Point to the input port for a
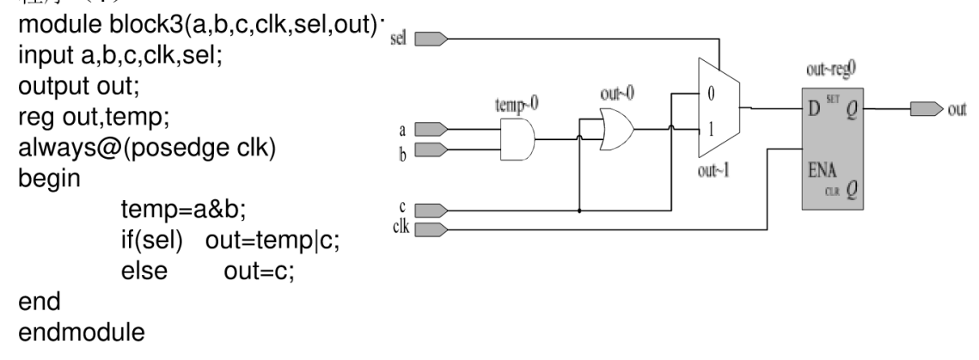[x=431, y=130]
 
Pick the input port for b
[x=431, y=149]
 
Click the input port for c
[x=431, y=211]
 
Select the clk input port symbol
[x=431, y=229]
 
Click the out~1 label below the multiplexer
[x=718, y=168]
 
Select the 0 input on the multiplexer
[x=709, y=93]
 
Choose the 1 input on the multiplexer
[x=709, y=129]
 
